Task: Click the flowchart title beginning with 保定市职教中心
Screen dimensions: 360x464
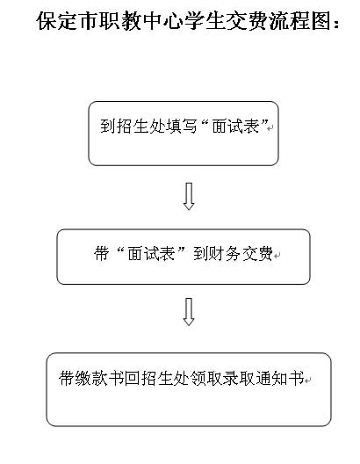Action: [188, 21]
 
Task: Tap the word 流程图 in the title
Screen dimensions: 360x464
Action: [300, 21]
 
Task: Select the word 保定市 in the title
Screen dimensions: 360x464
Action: [67, 21]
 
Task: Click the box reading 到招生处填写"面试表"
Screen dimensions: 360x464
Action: [184, 134]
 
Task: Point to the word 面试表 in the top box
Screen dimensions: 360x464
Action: [235, 127]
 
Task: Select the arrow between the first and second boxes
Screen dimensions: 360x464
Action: [189, 197]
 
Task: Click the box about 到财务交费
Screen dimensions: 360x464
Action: [184, 257]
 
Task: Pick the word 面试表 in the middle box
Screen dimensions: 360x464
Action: [151, 253]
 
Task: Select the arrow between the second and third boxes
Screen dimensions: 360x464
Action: [189, 312]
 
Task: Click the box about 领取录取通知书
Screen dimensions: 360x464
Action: [189, 389]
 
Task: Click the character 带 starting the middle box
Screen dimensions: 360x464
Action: [101, 253]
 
